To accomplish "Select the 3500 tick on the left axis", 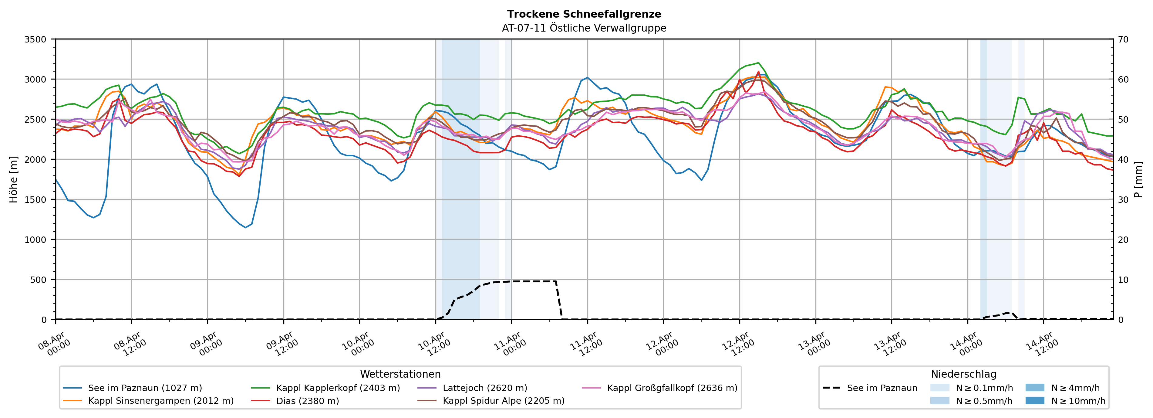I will (35, 39).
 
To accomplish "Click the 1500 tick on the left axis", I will (35, 200).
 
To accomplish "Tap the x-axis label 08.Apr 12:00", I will (130, 344).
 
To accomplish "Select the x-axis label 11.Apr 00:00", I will (510, 344).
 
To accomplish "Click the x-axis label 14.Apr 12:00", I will (1043, 344).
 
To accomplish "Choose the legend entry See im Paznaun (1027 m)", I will (145, 388).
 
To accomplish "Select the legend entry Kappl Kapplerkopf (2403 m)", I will (338, 388).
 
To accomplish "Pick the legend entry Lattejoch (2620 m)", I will (485, 388).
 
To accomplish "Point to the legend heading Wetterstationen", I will (400, 374).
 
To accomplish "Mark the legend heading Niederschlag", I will (963, 374).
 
